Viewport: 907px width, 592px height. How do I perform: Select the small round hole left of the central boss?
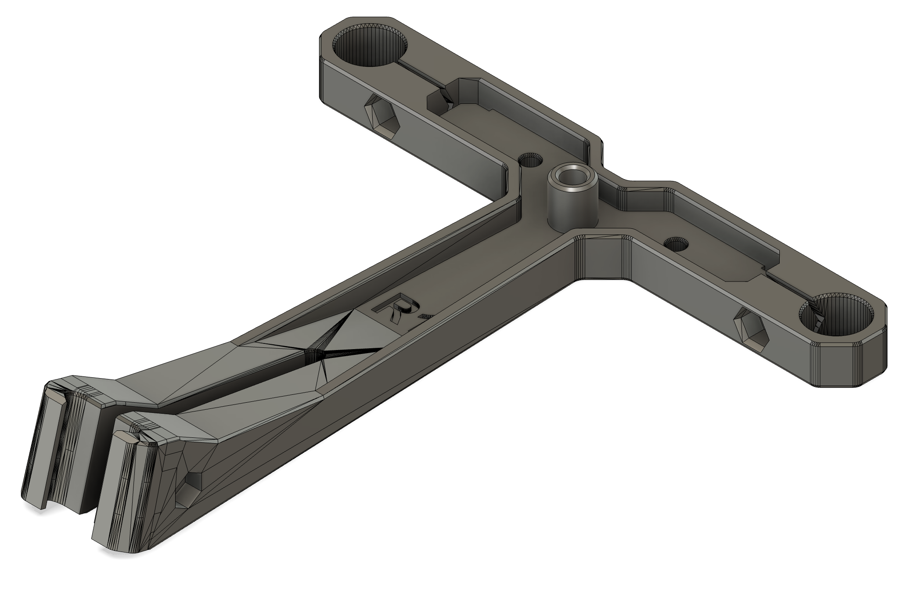point(530,160)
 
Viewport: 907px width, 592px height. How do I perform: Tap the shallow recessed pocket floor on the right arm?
point(720,259)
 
